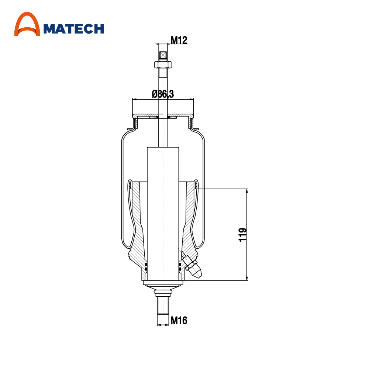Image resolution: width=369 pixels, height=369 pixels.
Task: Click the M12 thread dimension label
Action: [x=179, y=40]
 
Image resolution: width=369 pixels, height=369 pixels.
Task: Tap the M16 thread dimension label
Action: [x=179, y=321]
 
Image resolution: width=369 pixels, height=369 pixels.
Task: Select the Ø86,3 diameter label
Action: [x=163, y=94]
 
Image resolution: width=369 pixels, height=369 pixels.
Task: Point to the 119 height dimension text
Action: [x=243, y=235]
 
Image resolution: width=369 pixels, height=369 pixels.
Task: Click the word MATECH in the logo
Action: [x=74, y=29]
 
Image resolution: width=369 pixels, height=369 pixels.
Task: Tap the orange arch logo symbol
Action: [x=27, y=24]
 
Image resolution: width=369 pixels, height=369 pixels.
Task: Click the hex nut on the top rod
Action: [x=163, y=64]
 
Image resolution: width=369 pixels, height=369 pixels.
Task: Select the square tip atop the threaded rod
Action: [x=163, y=55]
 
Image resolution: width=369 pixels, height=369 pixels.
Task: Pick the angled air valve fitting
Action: [x=192, y=266]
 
